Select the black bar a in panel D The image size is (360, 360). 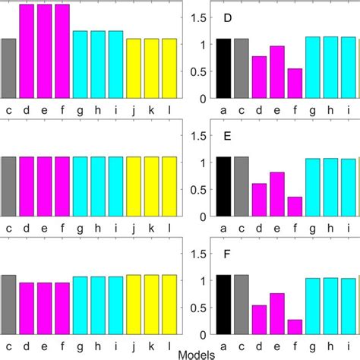[x=223, y=68]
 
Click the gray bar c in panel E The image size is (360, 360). [x=242, y=187]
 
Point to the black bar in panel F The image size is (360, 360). [x=223, y=305]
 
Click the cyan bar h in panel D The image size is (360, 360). [x=330, y=68]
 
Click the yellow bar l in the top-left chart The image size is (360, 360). [x=169, y=68]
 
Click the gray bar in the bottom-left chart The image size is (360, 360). [x=8, y=305]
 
